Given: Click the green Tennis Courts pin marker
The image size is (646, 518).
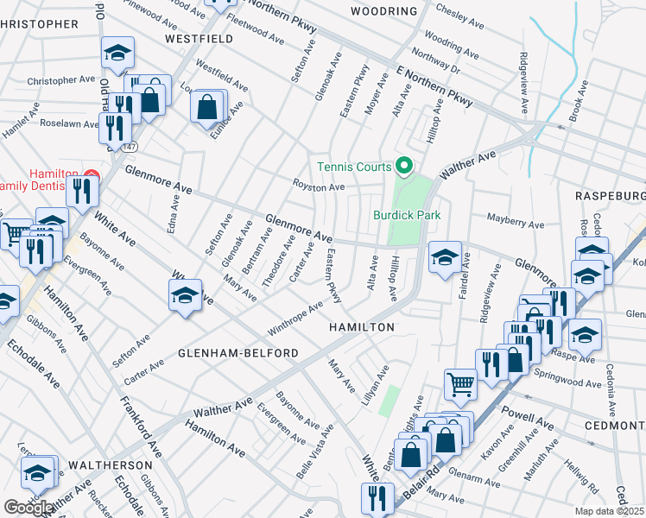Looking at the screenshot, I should [x=402, y=166].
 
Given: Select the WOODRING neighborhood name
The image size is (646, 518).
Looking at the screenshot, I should [x=384, y=11].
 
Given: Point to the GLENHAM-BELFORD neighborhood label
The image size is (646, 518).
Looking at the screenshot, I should [x=238, y=353].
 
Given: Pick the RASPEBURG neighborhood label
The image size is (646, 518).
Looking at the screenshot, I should [x=610, y=196].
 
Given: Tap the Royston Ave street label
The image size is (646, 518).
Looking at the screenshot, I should [x=319, y=186].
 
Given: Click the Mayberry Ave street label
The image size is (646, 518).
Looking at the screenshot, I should [x=516, y=224].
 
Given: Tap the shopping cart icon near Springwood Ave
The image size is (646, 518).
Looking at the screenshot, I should [x=461, y=382].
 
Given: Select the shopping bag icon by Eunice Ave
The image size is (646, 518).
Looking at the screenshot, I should [x=207, y=107].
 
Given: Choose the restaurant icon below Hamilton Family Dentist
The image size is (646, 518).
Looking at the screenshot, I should [x=82, y=190].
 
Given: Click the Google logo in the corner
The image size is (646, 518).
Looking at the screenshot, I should [x=28, y=508].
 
